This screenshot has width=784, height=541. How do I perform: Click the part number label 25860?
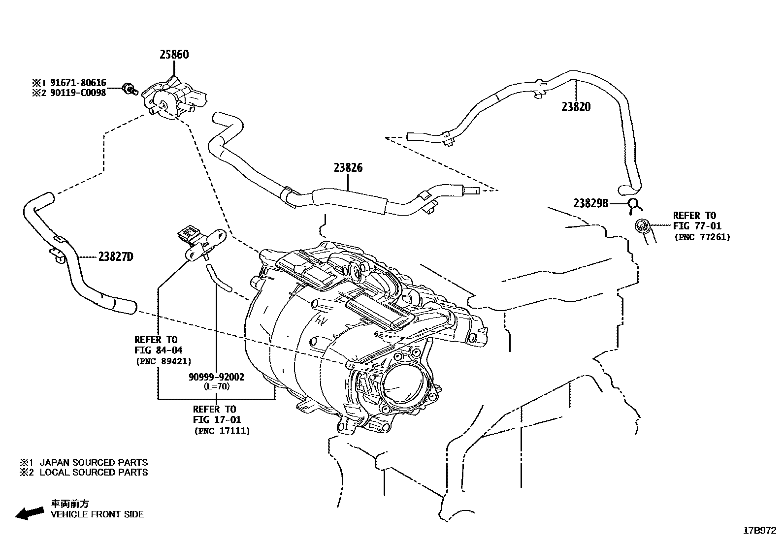[x=174, y=55]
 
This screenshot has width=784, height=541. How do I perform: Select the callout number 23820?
[x=576, y=107]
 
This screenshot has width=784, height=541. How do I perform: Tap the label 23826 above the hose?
[x=348, y=168]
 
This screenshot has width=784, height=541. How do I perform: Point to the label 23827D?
[x=116, y=256]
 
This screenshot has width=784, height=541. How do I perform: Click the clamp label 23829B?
[x=591, y=203]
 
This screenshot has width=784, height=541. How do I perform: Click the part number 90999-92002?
[x=216, y=377]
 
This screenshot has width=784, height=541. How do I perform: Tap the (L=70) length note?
[x=216, y=386]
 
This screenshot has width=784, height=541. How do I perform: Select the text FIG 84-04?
[x=158, y=350]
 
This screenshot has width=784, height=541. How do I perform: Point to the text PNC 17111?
[x=222, y=431]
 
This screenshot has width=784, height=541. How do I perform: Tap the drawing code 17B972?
[x=759, y=531]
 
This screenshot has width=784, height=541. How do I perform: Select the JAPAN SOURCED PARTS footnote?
[x=93, y=463]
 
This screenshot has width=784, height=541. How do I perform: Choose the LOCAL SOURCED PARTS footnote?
[x=93, y=473]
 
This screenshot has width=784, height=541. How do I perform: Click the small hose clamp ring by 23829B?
[x=634, y=204]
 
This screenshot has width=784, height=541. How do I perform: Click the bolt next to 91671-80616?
[x=131, y=89]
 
